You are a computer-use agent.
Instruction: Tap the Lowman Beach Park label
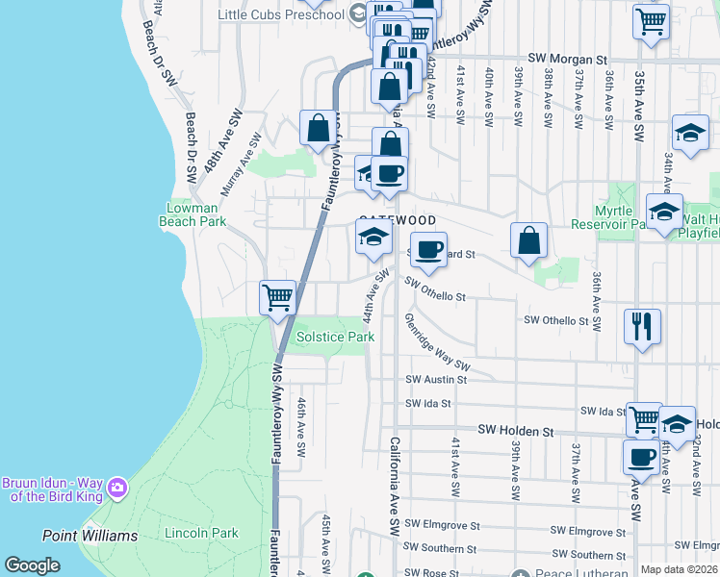pyautogui.click(x=196, y=214)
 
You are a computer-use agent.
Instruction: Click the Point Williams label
pyautogui.click(x=90, y=536)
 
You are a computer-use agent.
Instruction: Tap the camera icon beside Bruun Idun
pyautogui.click(x=117, y=488)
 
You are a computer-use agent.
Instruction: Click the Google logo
pyautogui.click(x=33, y=565)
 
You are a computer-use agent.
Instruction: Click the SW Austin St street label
pyautogui.click(x=435, y=380)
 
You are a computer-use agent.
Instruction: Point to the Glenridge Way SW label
pyautogui.click(x=436, y=343)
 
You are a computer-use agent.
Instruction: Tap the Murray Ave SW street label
pyautogui.click(x=241, y=164)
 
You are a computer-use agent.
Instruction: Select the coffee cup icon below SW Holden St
pyautogui.click(x=641, y=457)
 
